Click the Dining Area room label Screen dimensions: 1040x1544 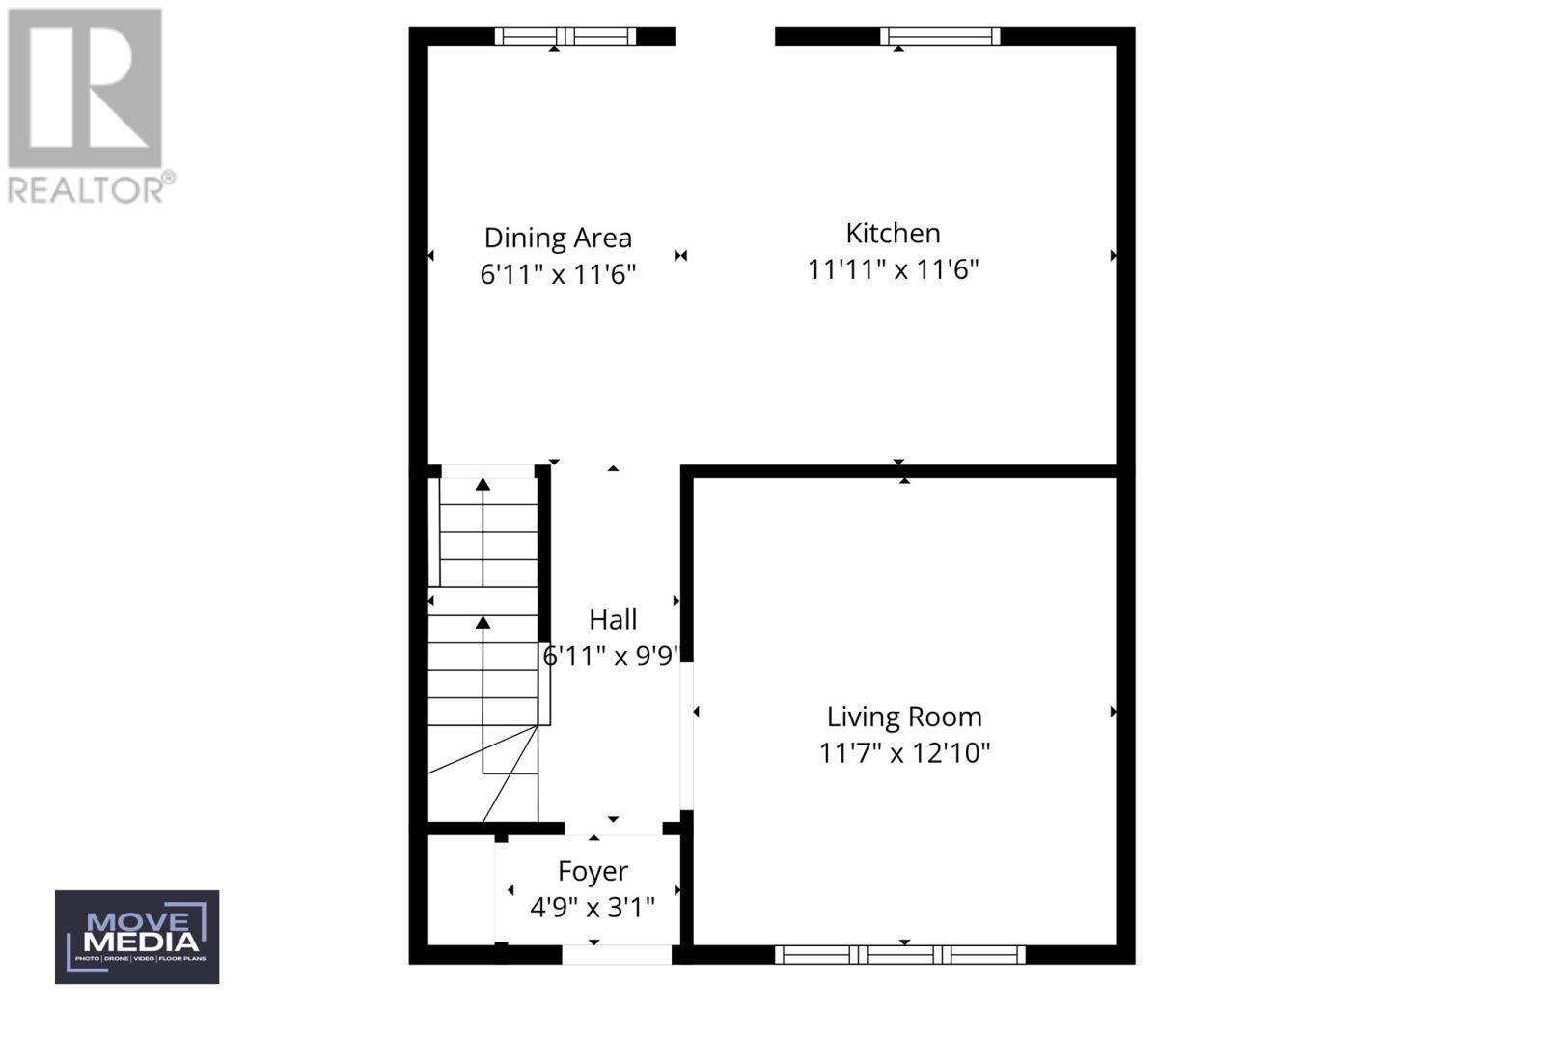point(558,238)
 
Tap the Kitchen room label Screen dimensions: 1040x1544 point(893,233)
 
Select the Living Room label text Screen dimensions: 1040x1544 point(904,717)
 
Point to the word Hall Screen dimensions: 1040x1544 point(613,619)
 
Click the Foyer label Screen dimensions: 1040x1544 point(593,871)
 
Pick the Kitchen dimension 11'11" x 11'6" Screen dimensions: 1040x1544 point(893,269)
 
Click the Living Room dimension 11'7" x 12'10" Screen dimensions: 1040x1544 point(904,753)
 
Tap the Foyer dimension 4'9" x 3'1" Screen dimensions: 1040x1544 point(593,908)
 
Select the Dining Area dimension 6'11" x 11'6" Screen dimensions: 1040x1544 point(558,274)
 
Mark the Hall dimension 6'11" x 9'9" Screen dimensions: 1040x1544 point(612,657)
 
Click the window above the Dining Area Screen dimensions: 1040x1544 point(565,37)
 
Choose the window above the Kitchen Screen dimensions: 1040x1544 point(940,37)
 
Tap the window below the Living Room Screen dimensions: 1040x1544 point(900,955)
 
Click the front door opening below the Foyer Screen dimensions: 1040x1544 point(617,955)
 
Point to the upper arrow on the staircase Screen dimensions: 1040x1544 point(482,485)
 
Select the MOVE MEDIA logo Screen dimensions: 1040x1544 point(137,937)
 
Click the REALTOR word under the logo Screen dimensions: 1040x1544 point(87,189)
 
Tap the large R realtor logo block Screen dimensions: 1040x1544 point(85,88)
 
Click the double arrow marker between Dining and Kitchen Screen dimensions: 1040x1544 point(681,256)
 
